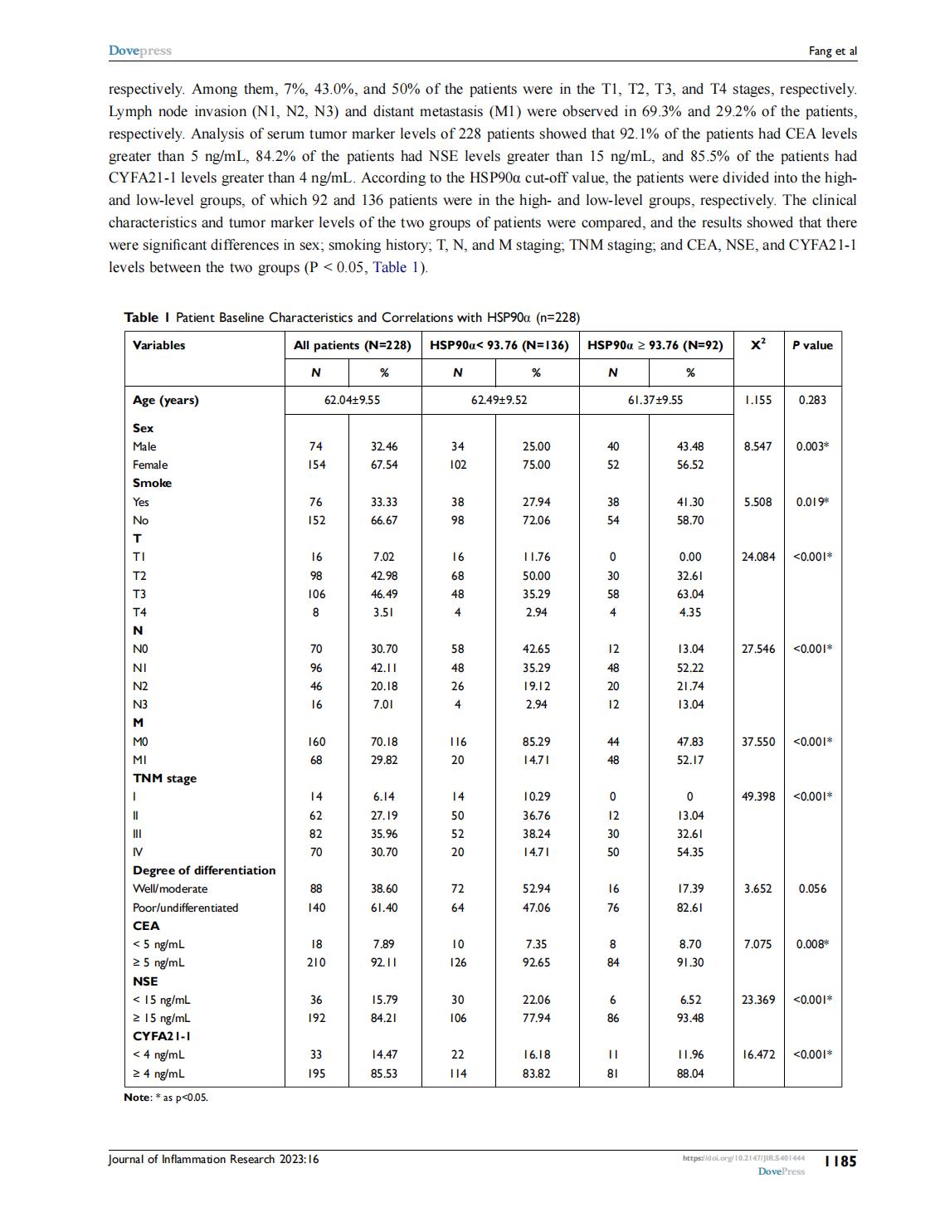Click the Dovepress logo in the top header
click(140, 51)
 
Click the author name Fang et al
click(832, 51)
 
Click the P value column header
click(812, 345)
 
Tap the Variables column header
click(159, 345)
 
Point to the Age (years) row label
click(166, 400)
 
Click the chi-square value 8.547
click(757, 446)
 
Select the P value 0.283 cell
click(812, 400)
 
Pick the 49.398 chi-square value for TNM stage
click(758, 796)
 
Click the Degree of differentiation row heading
click(204, 870)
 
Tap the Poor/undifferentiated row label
click(186, 908)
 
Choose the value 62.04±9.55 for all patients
click(353, 400)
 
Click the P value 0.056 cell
click(812, 888)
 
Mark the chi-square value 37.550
click(758, 742)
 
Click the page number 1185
click(840, 1161)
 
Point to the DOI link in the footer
click(743, 1157)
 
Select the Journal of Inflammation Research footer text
click(213, 1159)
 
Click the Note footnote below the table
click(166, 1098)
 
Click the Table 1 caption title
click(352, 317)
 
